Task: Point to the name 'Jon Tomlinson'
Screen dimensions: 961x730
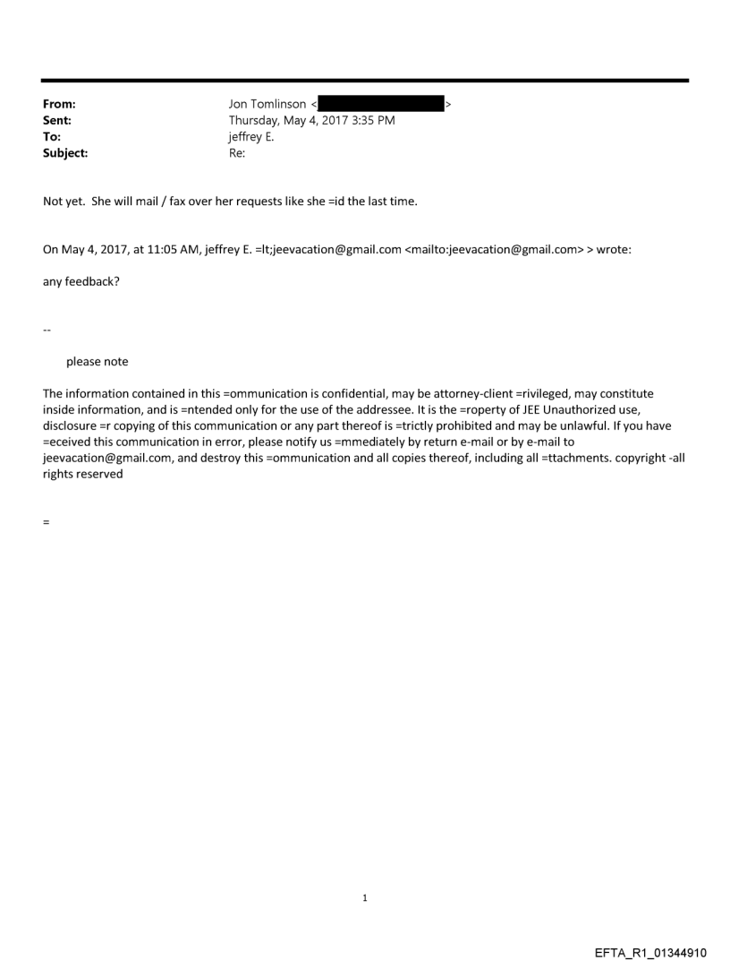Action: pos(267,105)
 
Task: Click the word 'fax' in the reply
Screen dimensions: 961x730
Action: pos(182,201)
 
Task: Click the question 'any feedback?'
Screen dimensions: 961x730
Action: pos(79,281)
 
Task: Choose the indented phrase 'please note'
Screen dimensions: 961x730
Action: pos(98,362)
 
